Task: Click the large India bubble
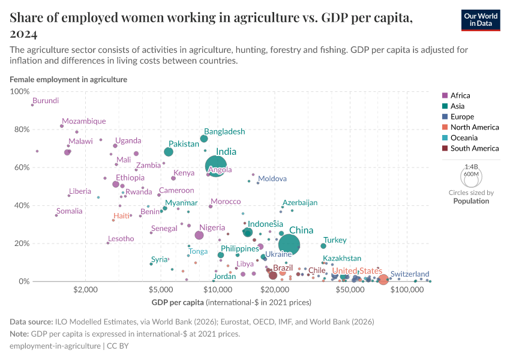click(216, 166)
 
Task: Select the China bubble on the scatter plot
click(289, 244)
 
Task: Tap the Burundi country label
click(46, 101)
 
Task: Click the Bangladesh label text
click(224, 131)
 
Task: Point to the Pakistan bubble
click(169, 152)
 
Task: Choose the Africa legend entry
click(460, 95)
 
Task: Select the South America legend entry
click(474, 148)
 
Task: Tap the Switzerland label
click(410, 274)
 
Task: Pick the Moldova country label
click(272, 179)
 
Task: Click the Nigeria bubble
click(199, 235)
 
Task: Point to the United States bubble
click(383, 280)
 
